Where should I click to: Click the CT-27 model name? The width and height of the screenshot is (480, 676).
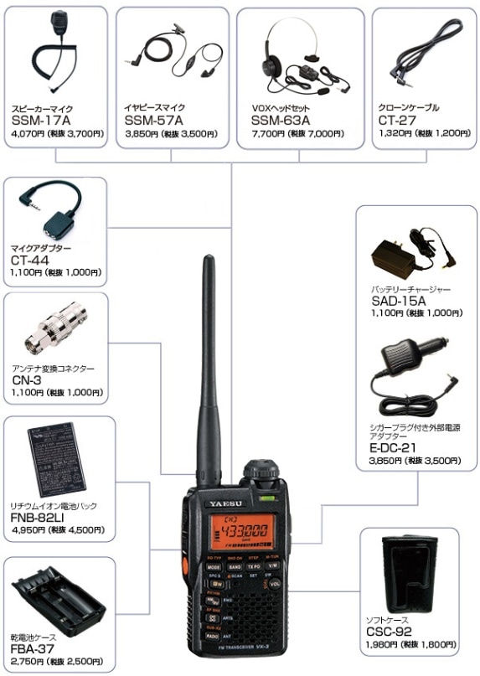397,121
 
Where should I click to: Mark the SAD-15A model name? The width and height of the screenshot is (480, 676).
399,301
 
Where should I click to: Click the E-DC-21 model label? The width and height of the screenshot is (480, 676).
396,448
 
